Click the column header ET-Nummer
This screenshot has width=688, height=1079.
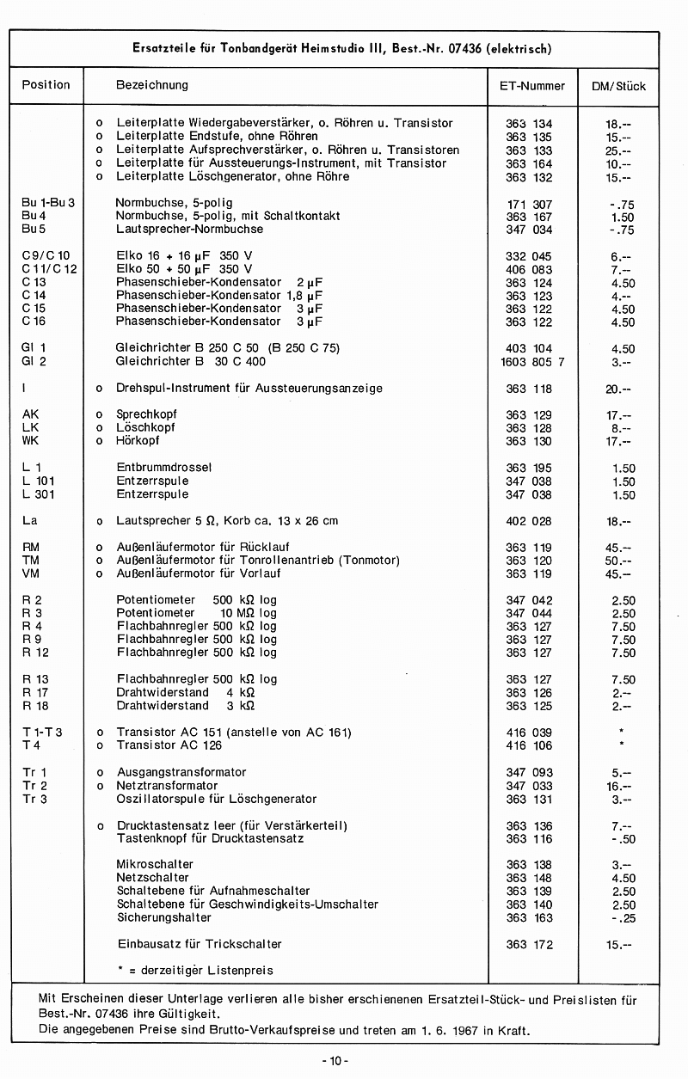pos(532,86)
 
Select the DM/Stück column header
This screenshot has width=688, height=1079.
pos(619,86)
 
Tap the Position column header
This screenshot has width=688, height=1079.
pos(46,84)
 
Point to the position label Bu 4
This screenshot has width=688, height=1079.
pos(34,216)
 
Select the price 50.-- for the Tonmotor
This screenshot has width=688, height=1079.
pos(618,561)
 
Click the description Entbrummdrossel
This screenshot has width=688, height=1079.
pos(163,468)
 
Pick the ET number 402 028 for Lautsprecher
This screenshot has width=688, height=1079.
pos(529,521)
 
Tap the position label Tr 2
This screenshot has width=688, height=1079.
pos(34,786)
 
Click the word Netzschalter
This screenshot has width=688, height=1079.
pos(152,878)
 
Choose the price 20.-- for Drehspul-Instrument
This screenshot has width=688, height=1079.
pos(618,389)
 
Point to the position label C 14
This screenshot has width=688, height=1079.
pos(34,296)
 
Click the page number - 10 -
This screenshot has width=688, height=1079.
pos(335,1060)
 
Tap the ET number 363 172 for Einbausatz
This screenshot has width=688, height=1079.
pos(529,944)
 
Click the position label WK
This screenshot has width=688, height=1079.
pos(31,441)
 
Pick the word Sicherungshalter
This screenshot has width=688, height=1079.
pos(163,917)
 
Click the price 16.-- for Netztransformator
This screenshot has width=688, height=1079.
pos(618,786)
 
